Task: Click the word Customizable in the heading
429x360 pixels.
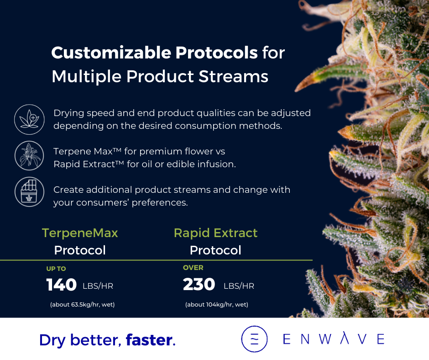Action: (111, 53)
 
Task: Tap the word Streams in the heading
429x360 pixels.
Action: (233, 76)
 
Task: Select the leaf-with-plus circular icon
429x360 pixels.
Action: (29, 119)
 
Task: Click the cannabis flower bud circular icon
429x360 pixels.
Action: (29, 156)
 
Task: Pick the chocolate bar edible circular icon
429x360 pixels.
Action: (29, 192)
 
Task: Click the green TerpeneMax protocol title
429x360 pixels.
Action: (80, 233)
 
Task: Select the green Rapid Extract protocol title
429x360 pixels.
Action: (215, 233)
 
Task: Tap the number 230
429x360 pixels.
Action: (199, 284)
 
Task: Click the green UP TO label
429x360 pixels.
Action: (56, 269)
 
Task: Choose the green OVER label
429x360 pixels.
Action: (193, 268)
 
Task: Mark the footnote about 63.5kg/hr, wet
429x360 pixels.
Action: (82, 304)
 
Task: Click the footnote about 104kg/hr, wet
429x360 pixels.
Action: (217, 304)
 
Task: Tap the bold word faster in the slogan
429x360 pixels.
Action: (149, 340)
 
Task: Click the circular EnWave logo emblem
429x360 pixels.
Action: (255, 339)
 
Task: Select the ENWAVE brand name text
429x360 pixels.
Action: (334, 339)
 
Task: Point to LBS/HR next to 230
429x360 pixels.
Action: (239, 286)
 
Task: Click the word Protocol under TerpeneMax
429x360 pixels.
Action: (80, 250)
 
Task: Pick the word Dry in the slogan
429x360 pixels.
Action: (52, 341)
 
